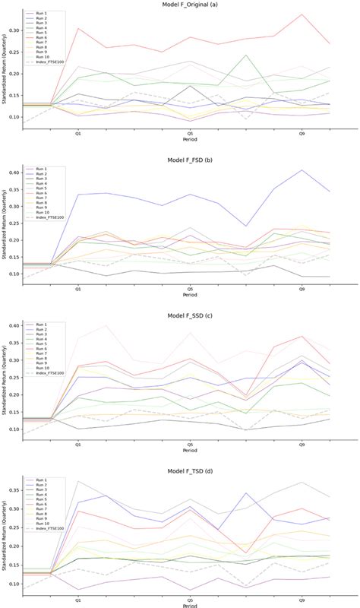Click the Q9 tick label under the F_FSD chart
[302, 289]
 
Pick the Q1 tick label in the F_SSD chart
[77, 443]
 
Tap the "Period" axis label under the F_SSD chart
[190, 450]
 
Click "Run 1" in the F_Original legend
[35, 13]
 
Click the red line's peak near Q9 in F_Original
[302, 14]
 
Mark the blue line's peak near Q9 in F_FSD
[302, 170]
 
